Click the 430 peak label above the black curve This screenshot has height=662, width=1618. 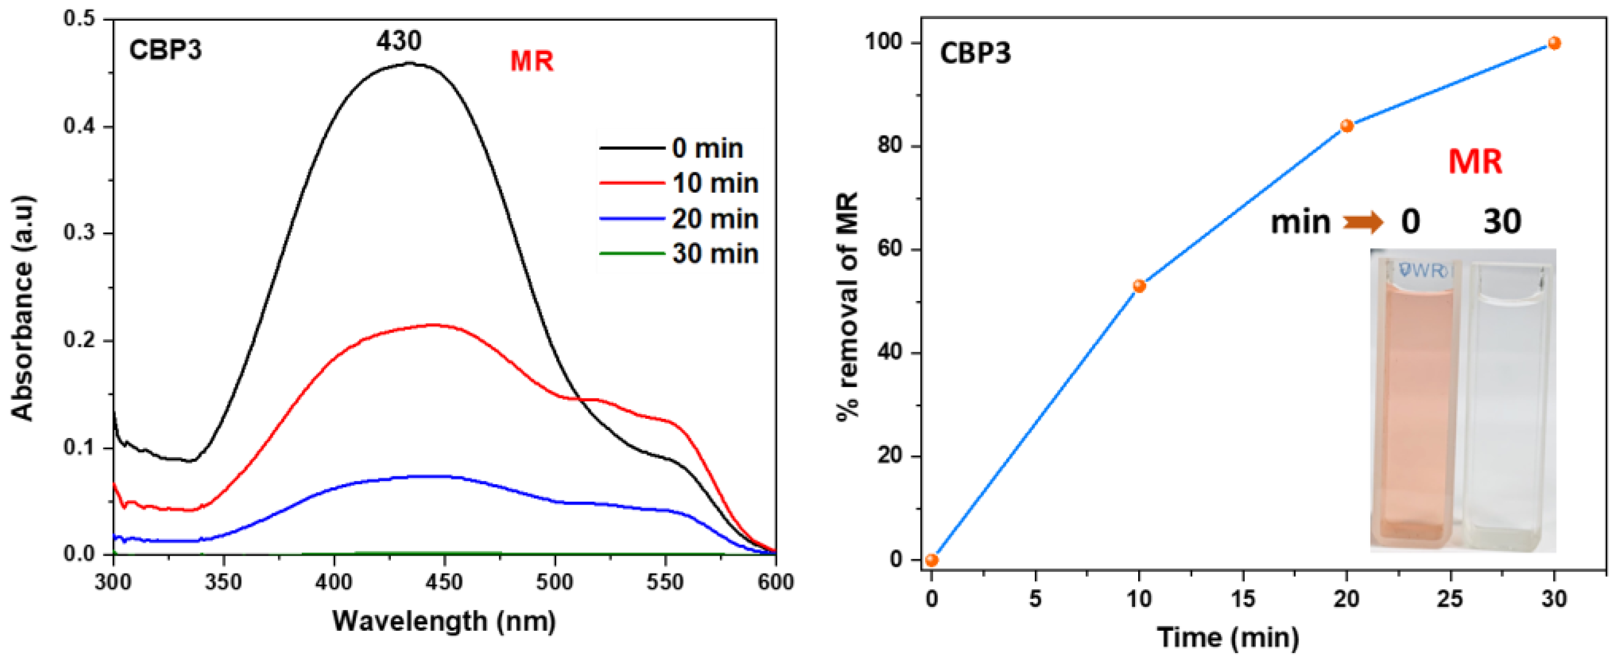point(399,41)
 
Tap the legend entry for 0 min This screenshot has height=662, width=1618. point(707,149)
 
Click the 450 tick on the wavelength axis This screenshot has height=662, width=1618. point(444,582)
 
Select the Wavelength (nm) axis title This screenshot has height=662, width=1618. point(443,621)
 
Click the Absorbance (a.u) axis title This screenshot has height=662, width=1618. point(23,308)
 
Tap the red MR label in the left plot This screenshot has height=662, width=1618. point(531,61)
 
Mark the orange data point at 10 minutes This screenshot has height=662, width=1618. point(1139,287)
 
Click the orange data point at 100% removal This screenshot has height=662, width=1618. point(1554,43)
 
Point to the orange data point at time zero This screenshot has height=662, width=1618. point(932,560)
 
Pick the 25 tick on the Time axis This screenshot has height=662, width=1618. point(1450,598)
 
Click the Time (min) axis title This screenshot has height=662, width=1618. point(1228,638)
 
